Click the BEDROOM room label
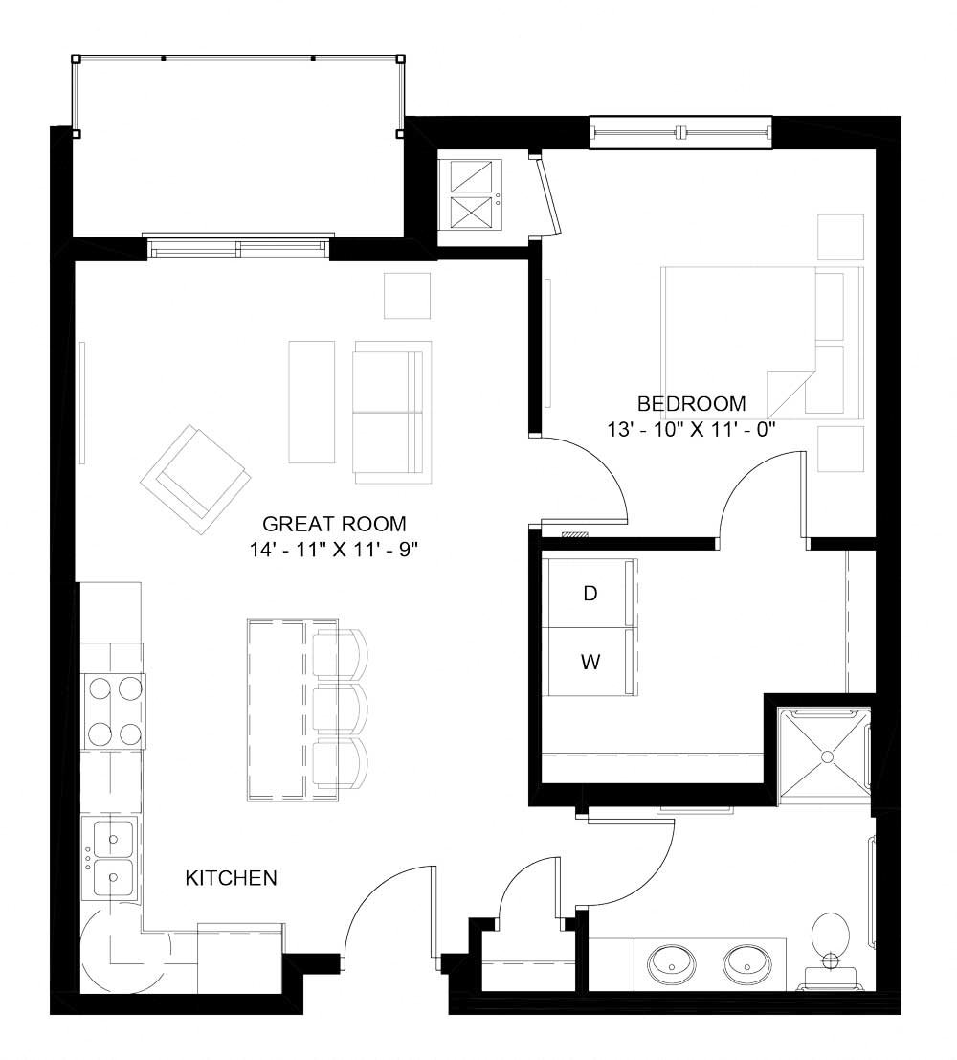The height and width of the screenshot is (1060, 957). [x=691, y=403]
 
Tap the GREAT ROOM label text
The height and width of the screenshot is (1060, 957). [x=334, y=524]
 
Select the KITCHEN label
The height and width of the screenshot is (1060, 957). [x=231, y=877]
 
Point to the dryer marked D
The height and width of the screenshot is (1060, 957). [x=590, y=594]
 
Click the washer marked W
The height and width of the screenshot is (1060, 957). [x=590, y=662]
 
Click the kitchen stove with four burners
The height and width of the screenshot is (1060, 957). [x=113, y=710]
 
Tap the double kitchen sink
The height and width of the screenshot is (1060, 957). [x=113, y=857]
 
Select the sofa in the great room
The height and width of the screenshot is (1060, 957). [x=389, y=413]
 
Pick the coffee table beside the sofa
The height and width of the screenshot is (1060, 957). [x=312, y=400]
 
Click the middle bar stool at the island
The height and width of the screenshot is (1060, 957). [x=340, y=710]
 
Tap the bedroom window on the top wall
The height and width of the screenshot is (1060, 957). [x=680, y=132]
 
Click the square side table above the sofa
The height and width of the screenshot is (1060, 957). [x=408, y=296]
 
